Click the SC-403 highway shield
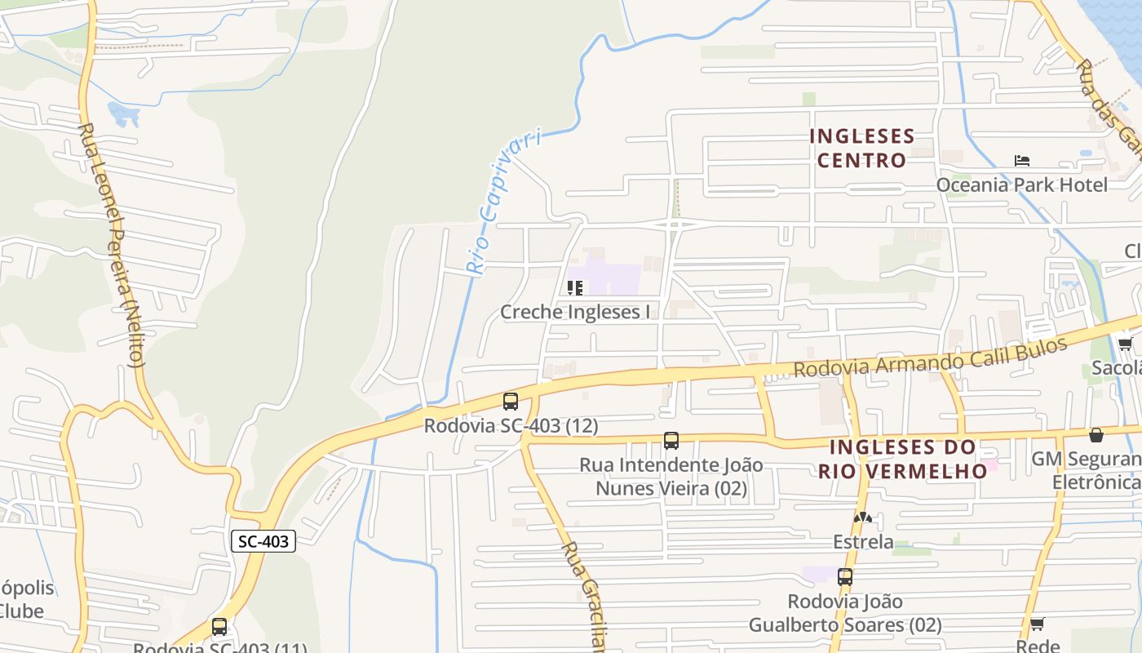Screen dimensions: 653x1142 263,540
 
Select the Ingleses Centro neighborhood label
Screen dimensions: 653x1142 861,148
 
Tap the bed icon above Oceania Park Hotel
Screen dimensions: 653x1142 1021,161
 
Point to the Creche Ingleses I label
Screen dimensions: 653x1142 575,312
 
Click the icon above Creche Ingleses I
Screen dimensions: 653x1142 575,288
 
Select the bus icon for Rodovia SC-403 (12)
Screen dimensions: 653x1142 511,402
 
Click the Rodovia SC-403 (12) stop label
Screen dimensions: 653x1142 511,425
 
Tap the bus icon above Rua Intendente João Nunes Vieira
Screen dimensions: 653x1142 671,441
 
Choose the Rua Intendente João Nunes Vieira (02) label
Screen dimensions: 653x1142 671,477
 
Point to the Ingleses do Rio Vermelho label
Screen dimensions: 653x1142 902,460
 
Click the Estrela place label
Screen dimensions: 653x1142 862,542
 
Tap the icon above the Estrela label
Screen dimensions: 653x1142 862,518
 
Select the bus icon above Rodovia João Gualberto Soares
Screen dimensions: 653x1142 845,577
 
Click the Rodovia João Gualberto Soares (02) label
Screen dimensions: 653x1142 845,613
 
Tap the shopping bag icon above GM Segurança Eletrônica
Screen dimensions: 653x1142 1096,435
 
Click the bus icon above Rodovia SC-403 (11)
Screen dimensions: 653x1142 219,627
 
